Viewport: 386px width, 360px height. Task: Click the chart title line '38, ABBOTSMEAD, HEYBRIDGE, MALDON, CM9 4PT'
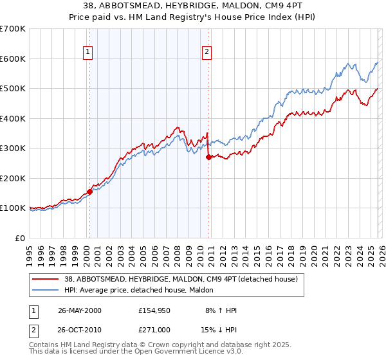(x=192, y=5)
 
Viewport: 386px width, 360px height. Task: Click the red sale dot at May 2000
(x=89, y=191)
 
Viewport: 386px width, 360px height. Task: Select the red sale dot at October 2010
(x=208, y=156)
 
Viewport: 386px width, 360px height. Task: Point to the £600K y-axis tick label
(x=13, y=59)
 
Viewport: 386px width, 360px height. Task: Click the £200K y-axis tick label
(x=13, y=178)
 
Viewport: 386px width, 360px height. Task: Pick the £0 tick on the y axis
(x=21, y=238)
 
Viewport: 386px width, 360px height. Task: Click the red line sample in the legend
(x=46, y=280)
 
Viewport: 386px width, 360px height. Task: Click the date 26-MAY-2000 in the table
(x=79, y=310)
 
